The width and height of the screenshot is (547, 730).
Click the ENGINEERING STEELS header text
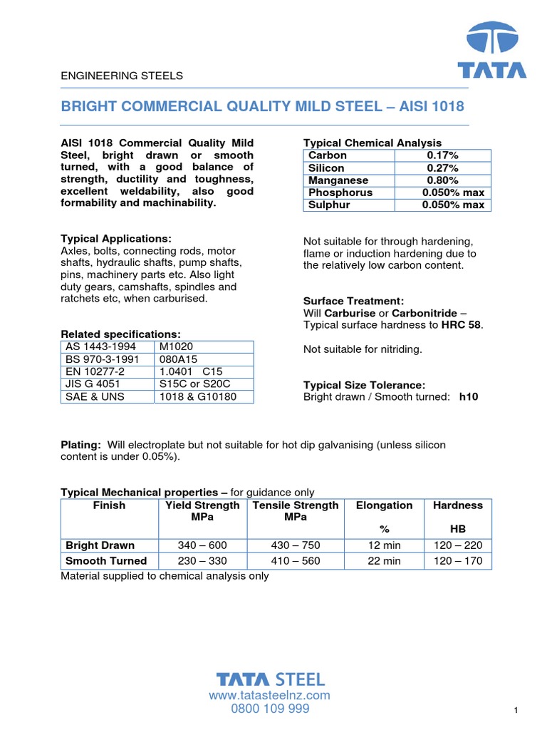[x=122, y=76]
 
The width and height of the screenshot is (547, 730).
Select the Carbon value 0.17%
[x=442, y=155]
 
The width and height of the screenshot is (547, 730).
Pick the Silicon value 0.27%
[x=442, y=168]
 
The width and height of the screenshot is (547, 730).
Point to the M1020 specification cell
[x=176, y=347]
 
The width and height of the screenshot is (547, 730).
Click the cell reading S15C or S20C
[x=195, y=384]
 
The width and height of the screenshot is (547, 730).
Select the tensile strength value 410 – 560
[x=296, y=561]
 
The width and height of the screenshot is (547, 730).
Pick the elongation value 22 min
[x=385, y=561]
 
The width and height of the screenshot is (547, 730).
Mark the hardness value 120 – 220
[x=458, y=545]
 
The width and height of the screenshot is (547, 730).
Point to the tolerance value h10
[x=469, y=397]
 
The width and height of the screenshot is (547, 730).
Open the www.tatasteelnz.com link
[x=269, y=695]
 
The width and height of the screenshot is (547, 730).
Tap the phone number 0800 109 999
[x=269, y=709]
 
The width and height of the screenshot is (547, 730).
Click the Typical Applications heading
[x=116, y=239]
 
